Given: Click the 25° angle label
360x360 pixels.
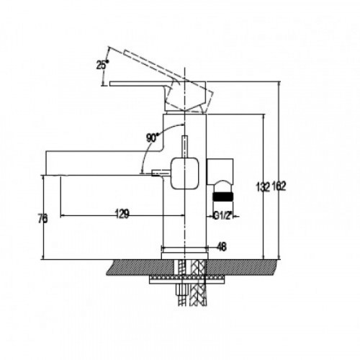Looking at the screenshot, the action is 102,65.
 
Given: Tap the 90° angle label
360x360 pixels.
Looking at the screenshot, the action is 153,138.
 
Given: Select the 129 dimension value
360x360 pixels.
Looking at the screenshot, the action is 122,214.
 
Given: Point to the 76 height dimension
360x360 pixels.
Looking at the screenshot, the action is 42,219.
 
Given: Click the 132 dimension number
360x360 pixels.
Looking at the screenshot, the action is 264,186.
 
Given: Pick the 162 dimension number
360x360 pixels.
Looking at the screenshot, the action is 279,186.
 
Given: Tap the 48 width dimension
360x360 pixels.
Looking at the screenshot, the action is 222,246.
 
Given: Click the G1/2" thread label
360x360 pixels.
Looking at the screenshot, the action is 223,216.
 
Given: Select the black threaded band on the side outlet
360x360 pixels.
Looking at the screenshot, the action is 223,197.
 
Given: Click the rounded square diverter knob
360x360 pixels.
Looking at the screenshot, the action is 184,173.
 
